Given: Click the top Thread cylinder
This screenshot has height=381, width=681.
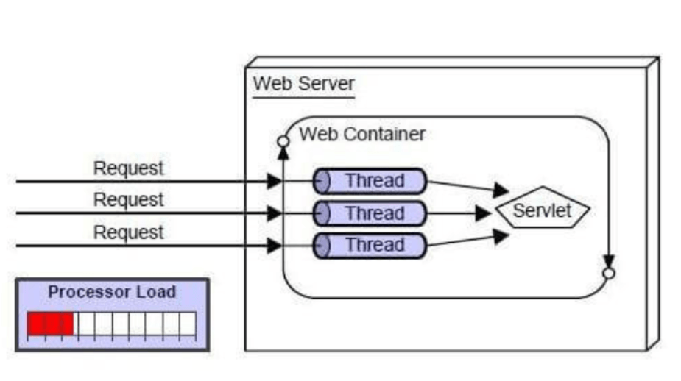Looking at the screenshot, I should point(370,180).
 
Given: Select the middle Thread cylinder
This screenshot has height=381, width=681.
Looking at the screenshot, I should point(370,213).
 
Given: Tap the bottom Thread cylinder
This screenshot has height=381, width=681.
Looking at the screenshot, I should point(370,245).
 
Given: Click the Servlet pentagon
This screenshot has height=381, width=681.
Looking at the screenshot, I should point(543,211).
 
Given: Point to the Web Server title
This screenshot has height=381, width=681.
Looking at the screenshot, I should point(303,83).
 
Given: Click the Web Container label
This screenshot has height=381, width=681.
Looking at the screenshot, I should point(362,135).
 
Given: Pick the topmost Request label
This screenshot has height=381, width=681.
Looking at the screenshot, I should point(128,168).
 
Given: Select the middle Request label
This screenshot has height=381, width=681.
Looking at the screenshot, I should point(128,199).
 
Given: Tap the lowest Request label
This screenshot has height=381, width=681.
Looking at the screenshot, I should point(128,232).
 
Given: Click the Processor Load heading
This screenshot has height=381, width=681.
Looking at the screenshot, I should point(112,291).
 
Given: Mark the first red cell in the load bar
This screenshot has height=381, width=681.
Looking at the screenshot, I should point(36,324).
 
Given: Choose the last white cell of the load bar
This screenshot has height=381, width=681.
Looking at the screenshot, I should point(188,324).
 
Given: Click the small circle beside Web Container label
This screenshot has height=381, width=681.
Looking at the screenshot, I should point(283,140).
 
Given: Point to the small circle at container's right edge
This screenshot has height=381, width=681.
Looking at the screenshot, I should point(608,273).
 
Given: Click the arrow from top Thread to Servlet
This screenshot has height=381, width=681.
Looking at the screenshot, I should point(467,187).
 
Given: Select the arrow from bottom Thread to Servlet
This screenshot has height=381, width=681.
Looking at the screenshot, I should point(467,240).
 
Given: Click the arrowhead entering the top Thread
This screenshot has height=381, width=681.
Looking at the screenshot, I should point(275,181).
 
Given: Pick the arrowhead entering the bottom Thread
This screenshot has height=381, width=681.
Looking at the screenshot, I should point(275,245).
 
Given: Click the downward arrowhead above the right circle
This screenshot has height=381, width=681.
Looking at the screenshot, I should point(608,261).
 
